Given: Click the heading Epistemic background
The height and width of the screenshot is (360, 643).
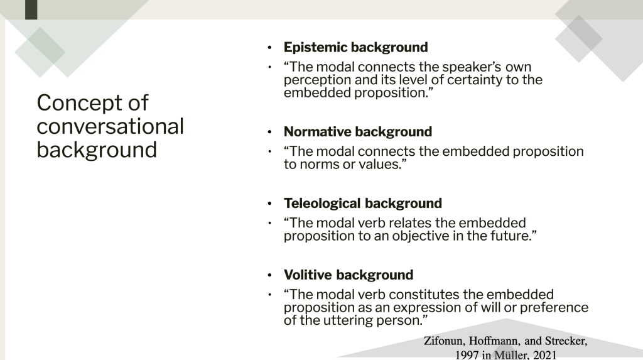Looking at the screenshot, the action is (355, 48).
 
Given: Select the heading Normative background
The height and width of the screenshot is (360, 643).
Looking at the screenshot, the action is (357, 132).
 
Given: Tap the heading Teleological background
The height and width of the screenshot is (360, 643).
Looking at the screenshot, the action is (363, 204).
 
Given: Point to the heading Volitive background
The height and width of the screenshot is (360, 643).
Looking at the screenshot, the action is (348, 275).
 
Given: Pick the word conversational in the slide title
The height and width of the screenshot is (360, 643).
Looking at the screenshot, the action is (110, 126).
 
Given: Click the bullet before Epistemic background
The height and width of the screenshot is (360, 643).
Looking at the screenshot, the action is (269, 48).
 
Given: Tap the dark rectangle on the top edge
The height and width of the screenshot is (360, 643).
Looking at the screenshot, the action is (31, 9).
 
